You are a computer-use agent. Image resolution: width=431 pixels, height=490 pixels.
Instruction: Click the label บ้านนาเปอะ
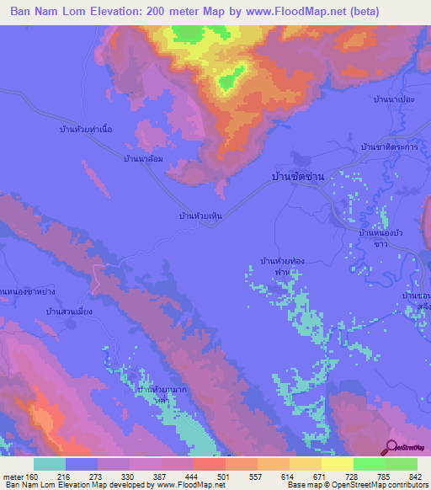393,99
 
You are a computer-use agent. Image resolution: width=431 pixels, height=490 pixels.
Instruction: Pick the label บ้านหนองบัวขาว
383,237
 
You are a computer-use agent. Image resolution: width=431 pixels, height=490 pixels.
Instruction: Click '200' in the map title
167,12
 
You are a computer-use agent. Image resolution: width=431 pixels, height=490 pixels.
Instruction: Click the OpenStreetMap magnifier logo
391,449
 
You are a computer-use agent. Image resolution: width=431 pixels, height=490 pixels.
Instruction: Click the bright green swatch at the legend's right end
401,464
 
